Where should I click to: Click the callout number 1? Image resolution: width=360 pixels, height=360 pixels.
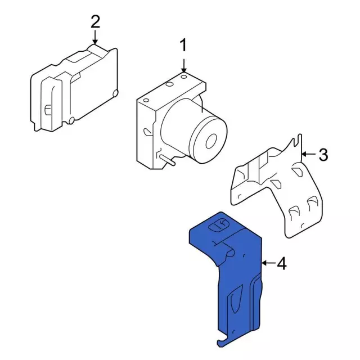[x=183, y=45]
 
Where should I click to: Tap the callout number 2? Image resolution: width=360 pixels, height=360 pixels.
[x=96, y=21]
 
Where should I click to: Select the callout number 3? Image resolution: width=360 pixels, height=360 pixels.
[x=323, y=155]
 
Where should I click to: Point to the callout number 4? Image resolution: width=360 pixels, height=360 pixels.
[x=282, y=263]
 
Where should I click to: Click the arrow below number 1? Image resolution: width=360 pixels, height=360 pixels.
[x=184, y=66]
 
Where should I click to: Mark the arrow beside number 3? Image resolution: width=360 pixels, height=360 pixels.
[x=309, y=154]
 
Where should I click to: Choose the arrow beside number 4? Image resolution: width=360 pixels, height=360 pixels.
[x=268, y=263]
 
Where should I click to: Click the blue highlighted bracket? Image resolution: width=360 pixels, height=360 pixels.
[x=238, y=276]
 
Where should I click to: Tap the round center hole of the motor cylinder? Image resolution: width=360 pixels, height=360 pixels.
[x=211, y=141]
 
